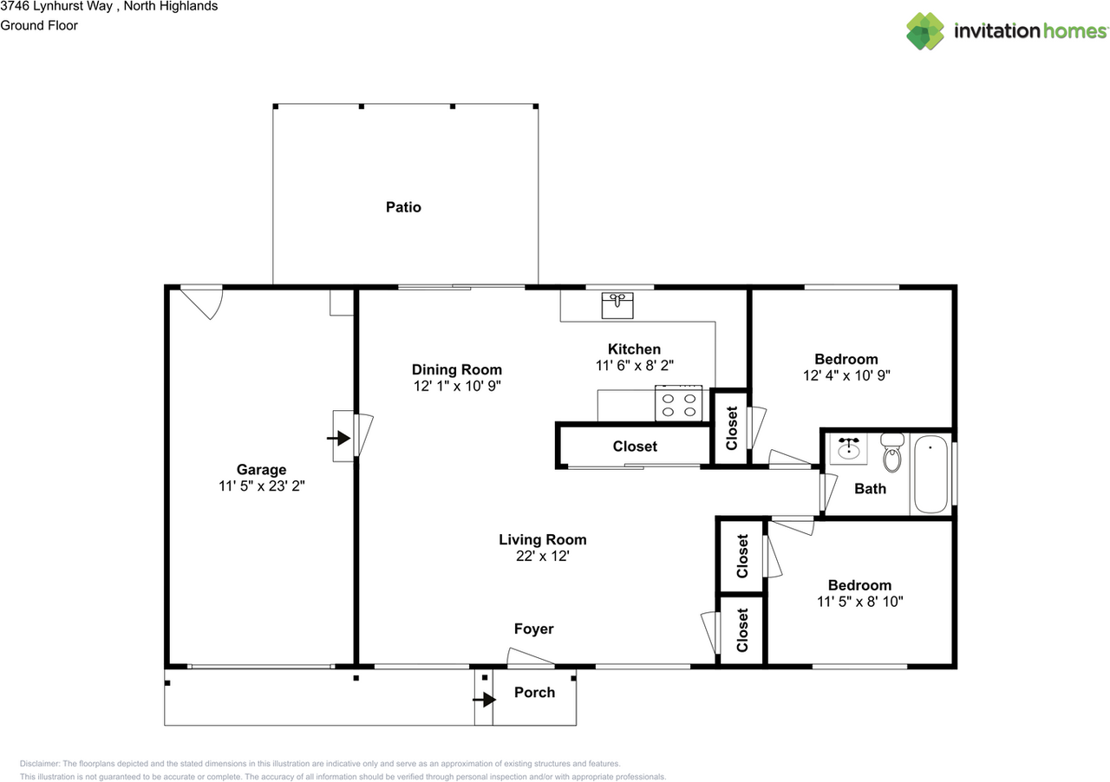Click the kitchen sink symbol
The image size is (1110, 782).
(618, 305)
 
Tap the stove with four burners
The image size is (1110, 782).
(679, 405)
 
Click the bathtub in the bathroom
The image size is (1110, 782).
(930, 475)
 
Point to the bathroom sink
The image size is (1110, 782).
(847, 450)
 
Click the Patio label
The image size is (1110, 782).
(403, 207)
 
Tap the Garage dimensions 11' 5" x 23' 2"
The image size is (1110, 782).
(261, 487)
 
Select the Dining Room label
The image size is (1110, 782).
(456, 369)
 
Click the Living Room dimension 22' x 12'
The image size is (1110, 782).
(542, 557)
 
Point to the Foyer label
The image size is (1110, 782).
(533, 629)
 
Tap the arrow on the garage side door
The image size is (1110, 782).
(338, 438)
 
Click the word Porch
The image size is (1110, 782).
(534, 692)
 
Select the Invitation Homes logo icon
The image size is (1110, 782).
(925, 31)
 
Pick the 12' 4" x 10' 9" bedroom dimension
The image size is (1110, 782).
(846, 375)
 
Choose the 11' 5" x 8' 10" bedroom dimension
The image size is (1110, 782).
(859, 602)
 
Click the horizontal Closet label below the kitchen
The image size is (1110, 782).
(635, 446)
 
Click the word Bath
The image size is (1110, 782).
(870, 489)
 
